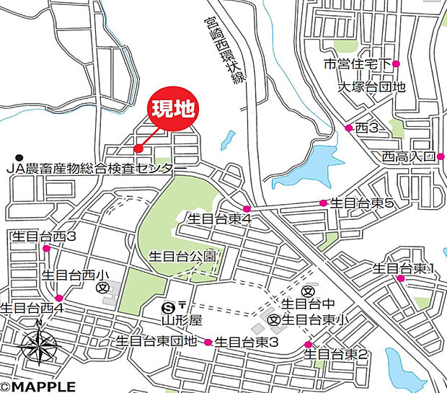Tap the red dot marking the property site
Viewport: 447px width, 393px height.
(138, 149)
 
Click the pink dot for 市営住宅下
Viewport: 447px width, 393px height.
(396, 64)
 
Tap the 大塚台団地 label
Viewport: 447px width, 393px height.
(372, 87)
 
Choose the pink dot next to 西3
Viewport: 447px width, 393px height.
(349, 128)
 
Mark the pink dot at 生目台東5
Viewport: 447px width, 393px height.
(323, 203)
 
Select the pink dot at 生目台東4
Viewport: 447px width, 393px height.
(247, 209)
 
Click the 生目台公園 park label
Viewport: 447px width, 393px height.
(182, 256)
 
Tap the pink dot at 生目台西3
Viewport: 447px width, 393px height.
(46, 249)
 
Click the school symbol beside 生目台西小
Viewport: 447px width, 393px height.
(103, 287)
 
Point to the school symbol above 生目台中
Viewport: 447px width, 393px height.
(308, 291)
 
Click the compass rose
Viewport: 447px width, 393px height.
(39, 346)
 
